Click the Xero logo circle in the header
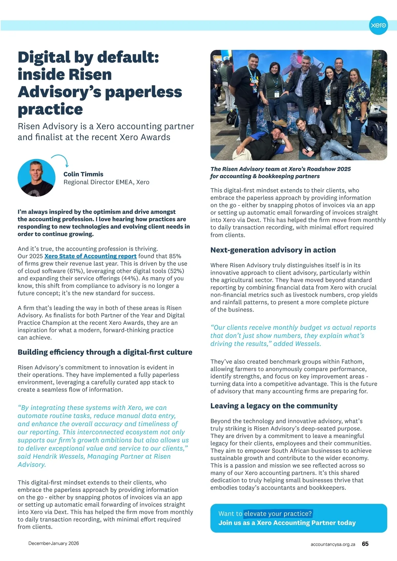click(378, 25)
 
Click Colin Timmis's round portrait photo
click(36, 178)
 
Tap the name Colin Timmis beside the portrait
click(83, 174)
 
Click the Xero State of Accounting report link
click(90, 256)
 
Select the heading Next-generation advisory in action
click(273, 250)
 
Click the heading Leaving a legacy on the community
click(274, 406)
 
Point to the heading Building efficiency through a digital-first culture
click(105, 352)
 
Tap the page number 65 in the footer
click(365, 544)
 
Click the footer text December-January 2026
click(54, 543)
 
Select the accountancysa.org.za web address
click(333, 544)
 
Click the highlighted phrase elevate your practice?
click(278, 514)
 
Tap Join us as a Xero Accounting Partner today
click(287, 523)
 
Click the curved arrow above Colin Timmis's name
click(61, 160)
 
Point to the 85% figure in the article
click(175, 256)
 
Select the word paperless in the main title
click(143, 92)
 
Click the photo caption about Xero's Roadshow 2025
click(281, 173)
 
